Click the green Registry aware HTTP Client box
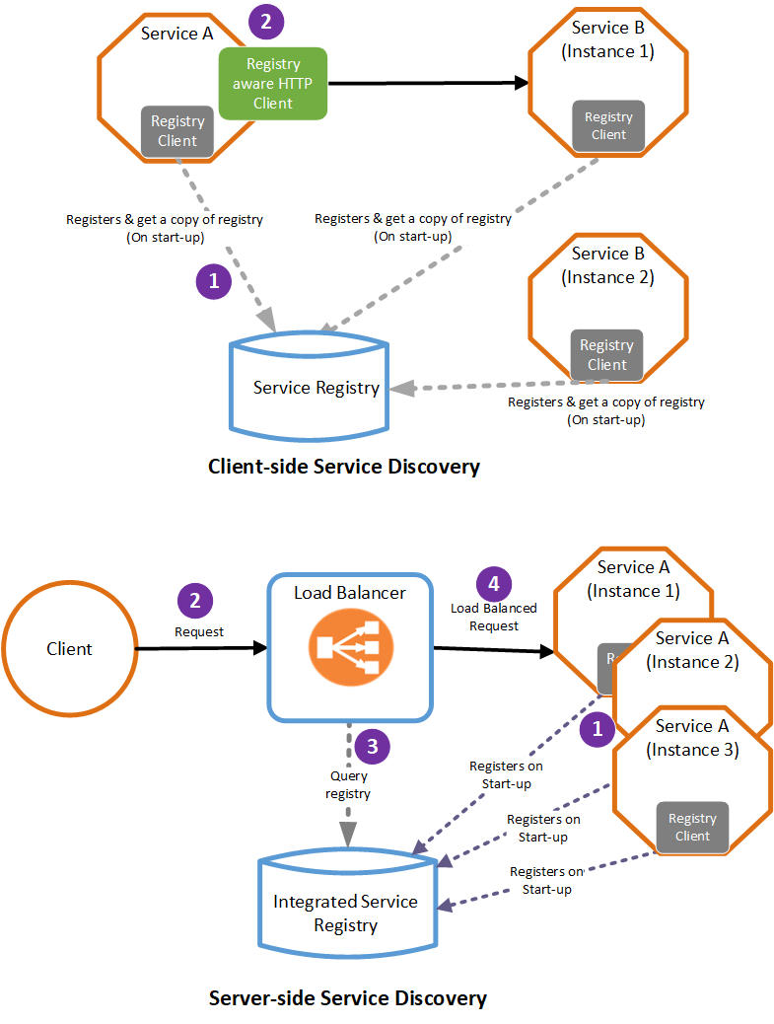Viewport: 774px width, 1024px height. (x=272, y=84)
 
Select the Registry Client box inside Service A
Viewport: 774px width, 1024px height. (x=177, y=131)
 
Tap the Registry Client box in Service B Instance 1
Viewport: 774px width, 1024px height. (x=608, y=126)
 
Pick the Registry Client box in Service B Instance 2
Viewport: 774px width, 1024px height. (x=606, y=355)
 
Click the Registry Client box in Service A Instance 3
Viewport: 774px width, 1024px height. (x=692, y=827)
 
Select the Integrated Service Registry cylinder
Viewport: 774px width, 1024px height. (x=345, y=912)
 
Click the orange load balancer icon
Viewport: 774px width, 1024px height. (x=349, y=648)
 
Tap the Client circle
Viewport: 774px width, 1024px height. (x=69, y=648)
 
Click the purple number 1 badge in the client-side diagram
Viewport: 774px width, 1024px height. (x=214, y=281)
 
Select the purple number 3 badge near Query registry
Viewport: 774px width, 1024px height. (x=372, y=747)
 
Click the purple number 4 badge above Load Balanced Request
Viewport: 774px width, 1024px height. (x=494, y=583)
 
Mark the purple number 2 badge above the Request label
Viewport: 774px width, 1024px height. (x=195, y=601)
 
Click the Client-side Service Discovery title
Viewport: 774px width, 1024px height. (x=344, y=467)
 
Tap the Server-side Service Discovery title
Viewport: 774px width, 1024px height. (x=347, y=997)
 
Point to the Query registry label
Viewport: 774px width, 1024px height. (x=349, y=783)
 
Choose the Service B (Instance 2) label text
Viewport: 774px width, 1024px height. (x=607, y=265)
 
